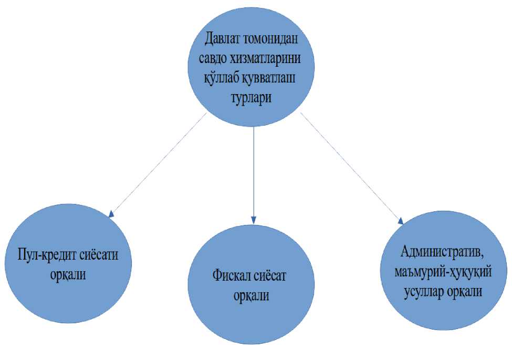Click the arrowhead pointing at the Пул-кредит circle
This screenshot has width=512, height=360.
[111, 213]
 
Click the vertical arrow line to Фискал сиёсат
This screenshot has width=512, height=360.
[254, 168]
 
